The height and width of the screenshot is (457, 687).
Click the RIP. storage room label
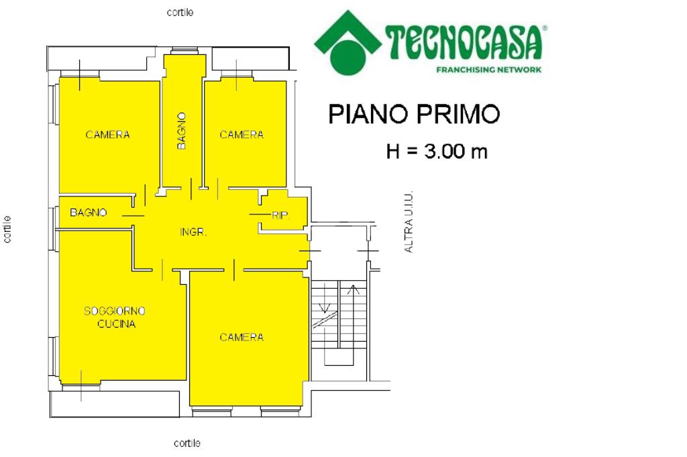tap(281, 215)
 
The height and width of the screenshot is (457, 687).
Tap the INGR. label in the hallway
tap(193, 232)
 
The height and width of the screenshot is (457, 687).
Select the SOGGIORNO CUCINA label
tap(115, 318)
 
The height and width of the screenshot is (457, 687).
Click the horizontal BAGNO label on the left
tap(88, 212)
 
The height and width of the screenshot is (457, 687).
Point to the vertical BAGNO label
tap(181, 131)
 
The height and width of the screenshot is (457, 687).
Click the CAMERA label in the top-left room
tap(108, 135)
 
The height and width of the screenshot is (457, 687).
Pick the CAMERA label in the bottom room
tap(242, 337)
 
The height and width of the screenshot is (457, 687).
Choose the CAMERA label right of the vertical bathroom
tap(242, 135)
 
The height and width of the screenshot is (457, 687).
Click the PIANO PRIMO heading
tap(414, 114)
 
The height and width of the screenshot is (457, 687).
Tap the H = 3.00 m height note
tap(437, 151)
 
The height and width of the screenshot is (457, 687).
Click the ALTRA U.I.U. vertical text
tap(409, 222)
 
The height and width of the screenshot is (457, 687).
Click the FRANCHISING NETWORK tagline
tap(489, 69)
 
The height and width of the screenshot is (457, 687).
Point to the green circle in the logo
tap(348, 57)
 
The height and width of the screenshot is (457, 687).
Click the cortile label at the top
tap(180, 12)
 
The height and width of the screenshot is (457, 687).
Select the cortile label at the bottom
tap(187, 443)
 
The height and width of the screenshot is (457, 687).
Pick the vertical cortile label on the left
tap(7, 229)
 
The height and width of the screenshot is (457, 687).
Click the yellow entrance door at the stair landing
tap(309, 251)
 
